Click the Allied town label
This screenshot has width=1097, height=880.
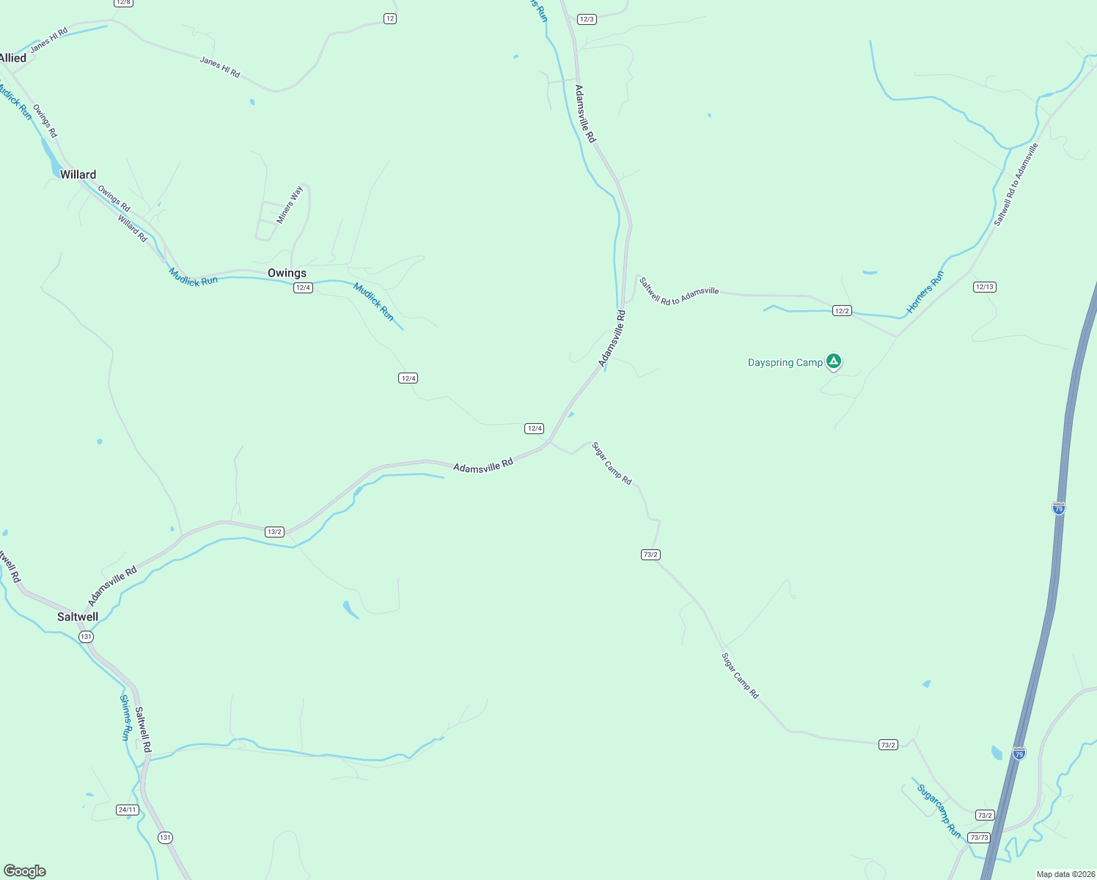click(13, 58)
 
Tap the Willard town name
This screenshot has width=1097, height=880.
click(78, 175)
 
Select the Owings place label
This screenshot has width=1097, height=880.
click(287, 273)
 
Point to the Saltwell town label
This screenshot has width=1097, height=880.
click(78, 617)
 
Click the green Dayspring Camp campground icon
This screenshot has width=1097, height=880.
click(833, 361)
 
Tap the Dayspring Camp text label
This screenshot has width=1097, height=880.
click(785, 362)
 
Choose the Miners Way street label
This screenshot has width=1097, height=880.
click(290, 205)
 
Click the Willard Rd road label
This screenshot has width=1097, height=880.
click(133, 228)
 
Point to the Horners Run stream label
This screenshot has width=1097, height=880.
click(925, 293)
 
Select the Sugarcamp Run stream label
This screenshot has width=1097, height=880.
click(939, 811)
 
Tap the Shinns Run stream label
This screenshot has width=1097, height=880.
click(126, 717)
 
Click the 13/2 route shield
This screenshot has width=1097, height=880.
click(274, 532)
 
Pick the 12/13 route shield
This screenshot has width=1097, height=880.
click(984, 287)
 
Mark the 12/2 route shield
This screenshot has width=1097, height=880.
click(842, 311)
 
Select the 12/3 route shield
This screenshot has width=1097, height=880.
click(586, 19)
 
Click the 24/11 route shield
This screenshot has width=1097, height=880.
click(128, 810)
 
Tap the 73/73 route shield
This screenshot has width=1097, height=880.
click(978, 837)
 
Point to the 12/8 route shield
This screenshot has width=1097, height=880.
click(123, 2)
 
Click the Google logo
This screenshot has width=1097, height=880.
click(25, 871)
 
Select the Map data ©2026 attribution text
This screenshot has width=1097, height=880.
click(1064, 874)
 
